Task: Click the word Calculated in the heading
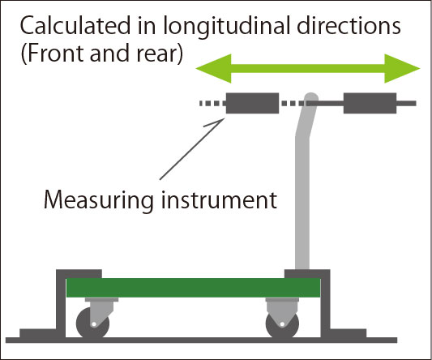point(75,26)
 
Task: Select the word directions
point(349,26)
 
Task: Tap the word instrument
point(219,199)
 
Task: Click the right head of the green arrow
point(402,68)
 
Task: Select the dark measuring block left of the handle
point(252,103)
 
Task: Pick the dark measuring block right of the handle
point(370,103)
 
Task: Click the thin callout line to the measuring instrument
point(192,149)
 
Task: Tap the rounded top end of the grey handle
point(311,97)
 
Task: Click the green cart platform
point(193,288)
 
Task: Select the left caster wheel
point(92,324)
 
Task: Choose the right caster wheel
point(282,324)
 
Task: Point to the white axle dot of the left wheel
point(94,324)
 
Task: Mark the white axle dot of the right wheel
point(282,324)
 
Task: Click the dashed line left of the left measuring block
point(212,103)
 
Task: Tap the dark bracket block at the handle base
point(307,274)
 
